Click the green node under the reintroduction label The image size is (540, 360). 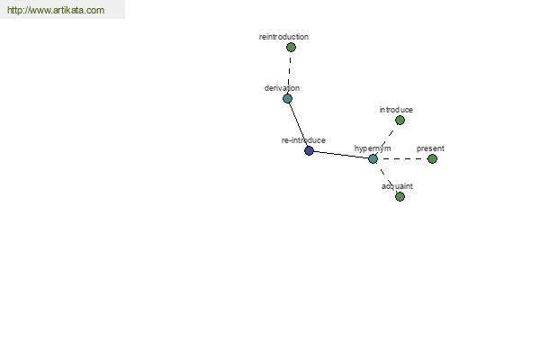(x=291, y=47)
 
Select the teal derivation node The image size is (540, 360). (x=288, y=99)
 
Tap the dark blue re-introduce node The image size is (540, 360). (x=309, y=150)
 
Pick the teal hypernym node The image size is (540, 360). (x=373, y=158)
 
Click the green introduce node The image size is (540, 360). (x=400, y=121)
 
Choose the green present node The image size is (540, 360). (x=432, y=158)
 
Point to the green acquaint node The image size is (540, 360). (x=400, y=197)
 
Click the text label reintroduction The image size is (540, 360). (x=283, y=37)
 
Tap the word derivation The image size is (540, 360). (x=282, y=88)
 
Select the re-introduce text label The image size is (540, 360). (x=303, y=140)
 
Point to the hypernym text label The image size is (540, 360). (x=373, y=148)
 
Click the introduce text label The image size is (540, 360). (x=396, y=110)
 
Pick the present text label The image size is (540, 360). (x=430, y=148)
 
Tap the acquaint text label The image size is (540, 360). (x=397, y=186)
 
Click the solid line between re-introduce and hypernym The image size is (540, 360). (x=341, y=155)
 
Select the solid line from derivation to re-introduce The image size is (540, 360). (x=298, y=125)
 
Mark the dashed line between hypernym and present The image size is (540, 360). (x=402, y=158)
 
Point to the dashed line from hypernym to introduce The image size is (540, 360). (x=386, y=139)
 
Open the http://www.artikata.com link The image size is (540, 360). (x=56, y=10)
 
